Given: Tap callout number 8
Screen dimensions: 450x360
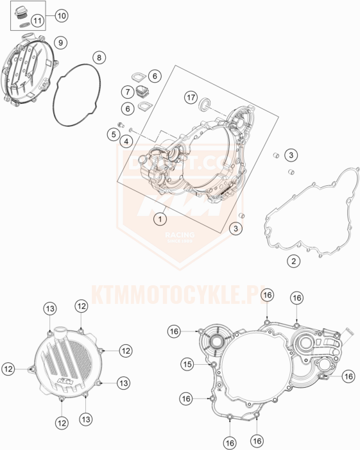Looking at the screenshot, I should [x=99, y=58].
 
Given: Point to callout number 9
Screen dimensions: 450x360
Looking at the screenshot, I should [x=60, y=42].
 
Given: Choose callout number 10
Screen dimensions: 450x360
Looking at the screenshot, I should [x=61, y=14].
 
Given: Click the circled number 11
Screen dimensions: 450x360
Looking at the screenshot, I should [x=37, y=21].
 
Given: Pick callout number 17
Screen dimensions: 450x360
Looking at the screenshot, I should [x=190, y=97].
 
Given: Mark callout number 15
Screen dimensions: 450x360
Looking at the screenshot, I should [x=187, y=364].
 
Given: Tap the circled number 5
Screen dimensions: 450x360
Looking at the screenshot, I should [x=112, y=135].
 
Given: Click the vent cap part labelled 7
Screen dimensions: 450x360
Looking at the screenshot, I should [x=141, y=92].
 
